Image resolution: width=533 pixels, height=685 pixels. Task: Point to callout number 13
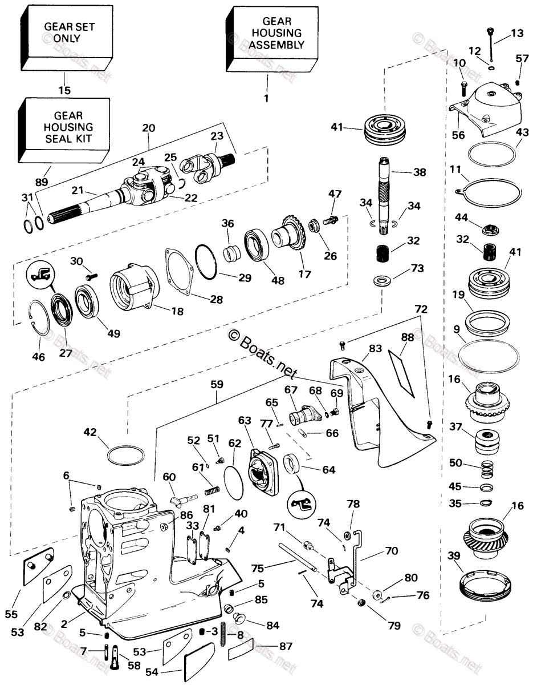pos(516,34)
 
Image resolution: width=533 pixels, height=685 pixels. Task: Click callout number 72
pos(421,309)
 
